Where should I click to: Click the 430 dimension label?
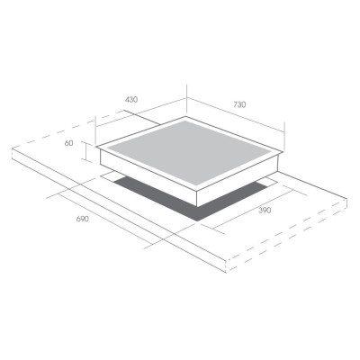(131, 99)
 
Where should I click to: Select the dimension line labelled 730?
(236, 114)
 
